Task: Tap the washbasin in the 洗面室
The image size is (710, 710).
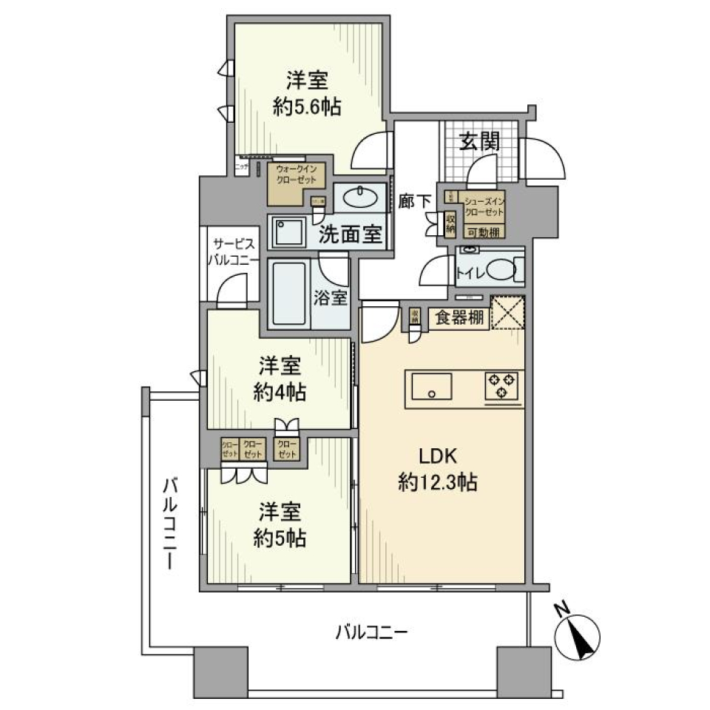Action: click(x=360, y=198)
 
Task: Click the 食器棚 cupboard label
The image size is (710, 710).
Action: click(x=459, y=319)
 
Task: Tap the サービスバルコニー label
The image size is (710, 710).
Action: click(x=235, y=252)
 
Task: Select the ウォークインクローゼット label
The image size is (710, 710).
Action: click(x=296, y=175)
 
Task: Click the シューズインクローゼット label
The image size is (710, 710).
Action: click(x=484, y=206)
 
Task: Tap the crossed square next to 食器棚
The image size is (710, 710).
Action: click(x=508, y=311)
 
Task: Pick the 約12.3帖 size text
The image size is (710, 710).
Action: click(x=436, y=483)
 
